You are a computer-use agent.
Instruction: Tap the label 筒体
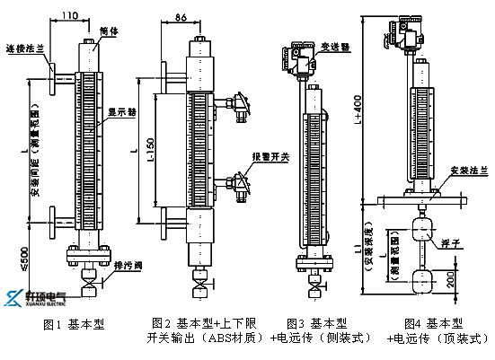pos(111,29)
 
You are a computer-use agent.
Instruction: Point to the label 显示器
pos(121,113)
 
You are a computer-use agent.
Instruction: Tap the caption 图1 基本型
pos(75,324)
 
